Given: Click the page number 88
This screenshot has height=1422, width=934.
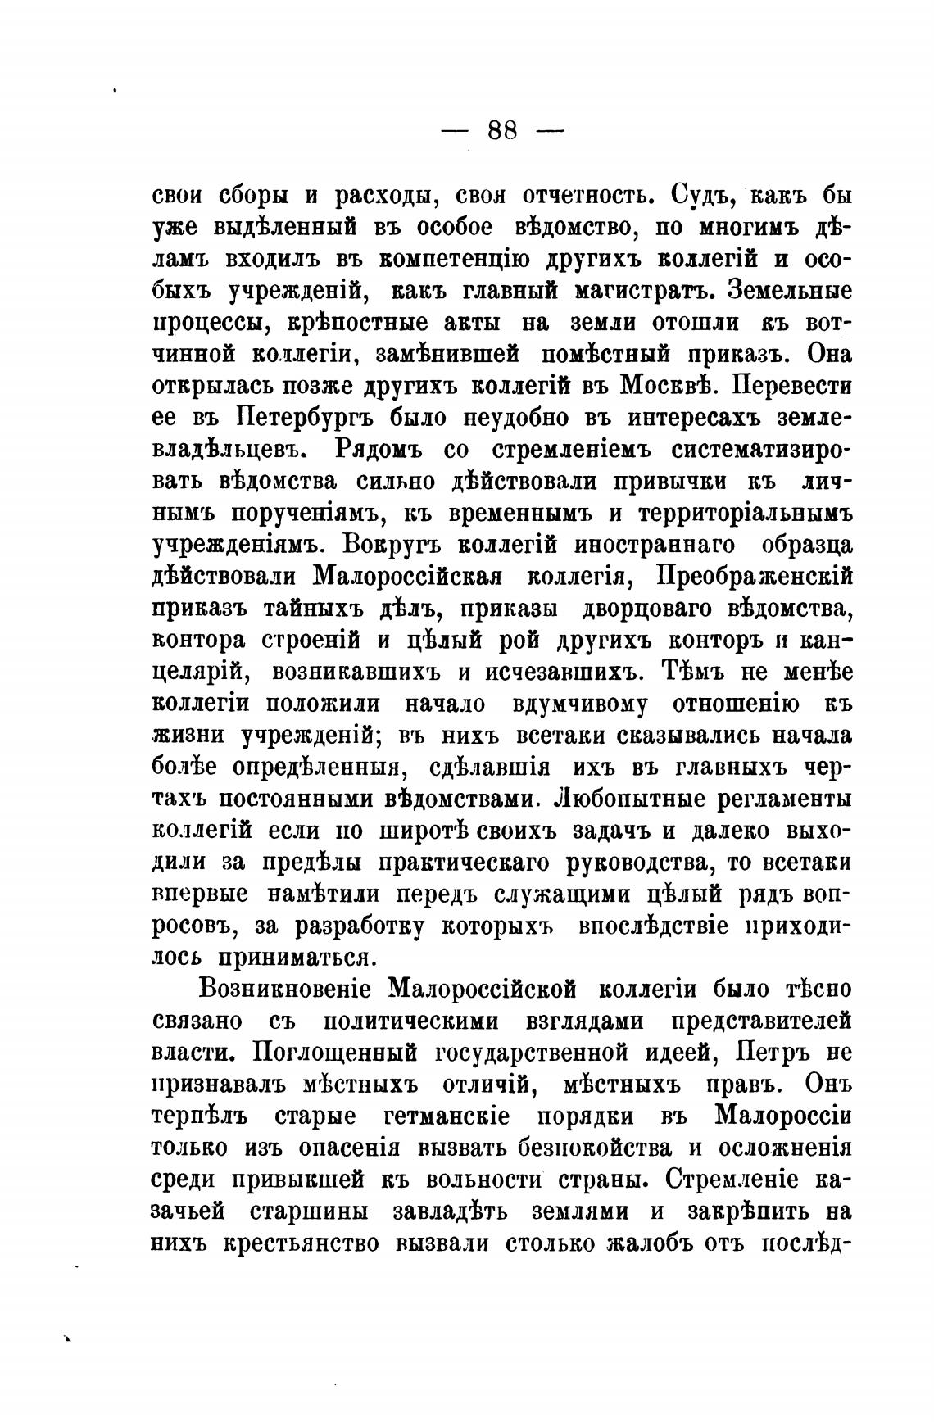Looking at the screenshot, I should tap(502, 130).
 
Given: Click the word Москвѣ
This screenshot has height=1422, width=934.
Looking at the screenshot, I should tap(669, 386).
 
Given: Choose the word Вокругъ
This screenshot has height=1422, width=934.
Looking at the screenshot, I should tap(392, 545).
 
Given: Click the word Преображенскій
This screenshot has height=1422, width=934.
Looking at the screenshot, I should tap(755, 577).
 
